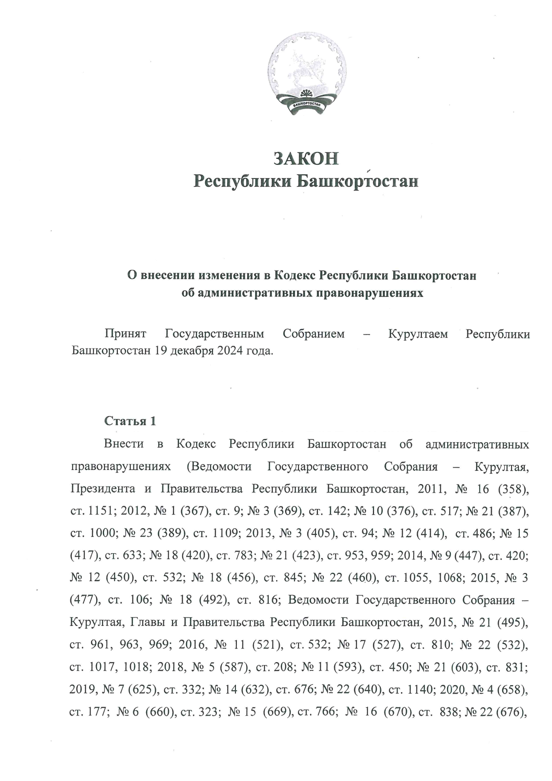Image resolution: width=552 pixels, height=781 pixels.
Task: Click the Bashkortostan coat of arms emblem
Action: coord(307,76)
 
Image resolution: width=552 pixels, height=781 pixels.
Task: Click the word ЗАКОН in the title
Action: coord(306,158)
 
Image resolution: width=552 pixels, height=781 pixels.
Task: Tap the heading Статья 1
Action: coord(130,421)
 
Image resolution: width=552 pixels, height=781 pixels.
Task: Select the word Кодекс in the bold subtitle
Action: coord(294,276)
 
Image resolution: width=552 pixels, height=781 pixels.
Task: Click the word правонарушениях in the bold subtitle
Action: coord(369,293)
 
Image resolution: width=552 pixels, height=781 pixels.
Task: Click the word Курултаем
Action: coord(418,334)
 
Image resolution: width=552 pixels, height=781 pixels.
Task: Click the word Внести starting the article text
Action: coord(124,445)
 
